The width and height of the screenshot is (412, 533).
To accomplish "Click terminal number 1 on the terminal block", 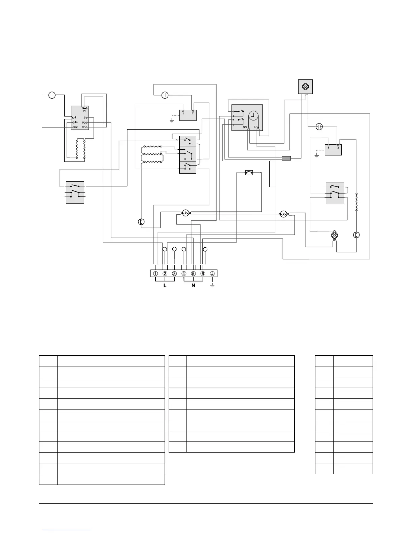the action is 156,274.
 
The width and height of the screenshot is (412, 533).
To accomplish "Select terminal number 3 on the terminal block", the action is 174,274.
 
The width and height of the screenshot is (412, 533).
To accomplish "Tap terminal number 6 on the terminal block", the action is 203,274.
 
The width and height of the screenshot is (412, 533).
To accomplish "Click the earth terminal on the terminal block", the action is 212,274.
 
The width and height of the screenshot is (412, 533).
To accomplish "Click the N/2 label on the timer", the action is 245,127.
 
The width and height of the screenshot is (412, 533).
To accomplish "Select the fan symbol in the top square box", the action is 305,86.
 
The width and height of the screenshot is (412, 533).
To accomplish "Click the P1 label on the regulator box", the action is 85,110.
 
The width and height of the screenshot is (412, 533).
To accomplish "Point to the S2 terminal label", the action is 76,127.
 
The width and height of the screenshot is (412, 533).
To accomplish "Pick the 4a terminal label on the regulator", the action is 76,122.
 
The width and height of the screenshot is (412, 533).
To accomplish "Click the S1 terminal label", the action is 84,127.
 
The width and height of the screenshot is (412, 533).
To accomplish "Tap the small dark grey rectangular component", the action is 286,158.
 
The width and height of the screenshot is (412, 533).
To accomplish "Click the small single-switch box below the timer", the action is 249,173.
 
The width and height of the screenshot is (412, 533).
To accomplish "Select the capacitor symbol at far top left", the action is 52,95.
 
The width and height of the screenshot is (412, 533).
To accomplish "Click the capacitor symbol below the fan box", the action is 319,127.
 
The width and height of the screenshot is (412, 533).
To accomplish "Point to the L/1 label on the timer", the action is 256,127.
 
